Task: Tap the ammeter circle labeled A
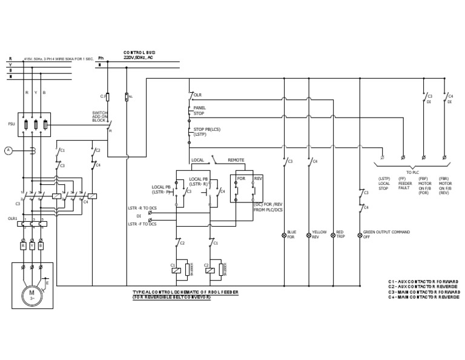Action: pos(8,150)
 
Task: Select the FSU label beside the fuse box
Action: pos(12,124)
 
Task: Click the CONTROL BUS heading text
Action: pos(139,53)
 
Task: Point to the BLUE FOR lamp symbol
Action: pos(285,234)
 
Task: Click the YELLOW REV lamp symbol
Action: pos(309,234)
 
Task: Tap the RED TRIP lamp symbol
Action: pos(333,234)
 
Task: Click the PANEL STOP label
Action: pos(199,110)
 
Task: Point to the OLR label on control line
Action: pos(197,95)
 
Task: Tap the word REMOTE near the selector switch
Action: pos(236,160)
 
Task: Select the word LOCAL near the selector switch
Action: pos(197,160)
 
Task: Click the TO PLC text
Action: pos(414,173)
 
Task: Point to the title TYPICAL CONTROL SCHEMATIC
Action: pos(185,292)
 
